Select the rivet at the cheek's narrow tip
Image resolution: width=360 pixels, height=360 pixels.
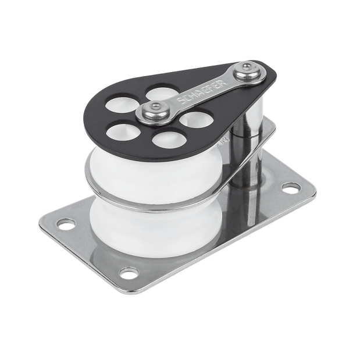(x=247, y=70)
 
